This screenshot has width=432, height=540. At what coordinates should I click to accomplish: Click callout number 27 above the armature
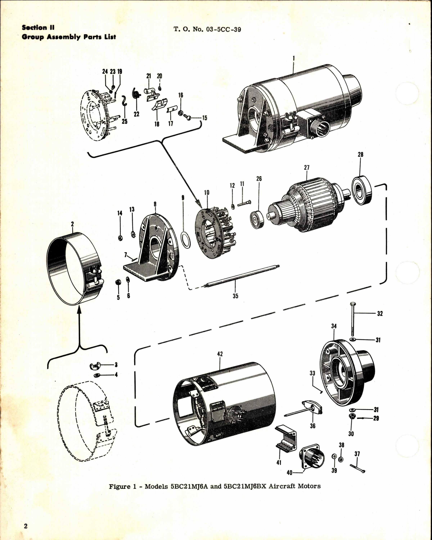[x=307, y=168]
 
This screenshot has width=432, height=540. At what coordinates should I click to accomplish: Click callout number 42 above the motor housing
[x=220, y=354]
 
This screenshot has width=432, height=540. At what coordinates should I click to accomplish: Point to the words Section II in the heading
[x=38, y=28]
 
